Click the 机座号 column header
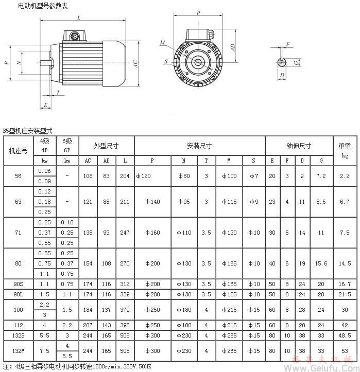point(19,151)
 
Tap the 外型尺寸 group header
point(106,146)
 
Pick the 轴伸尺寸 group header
point(299,146)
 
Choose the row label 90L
point(19,294)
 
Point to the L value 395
point(125,325)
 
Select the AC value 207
point(88,325)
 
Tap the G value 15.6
point(321,263)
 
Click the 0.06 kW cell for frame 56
point(44,171)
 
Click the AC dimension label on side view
point(135,64)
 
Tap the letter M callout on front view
point(162,43)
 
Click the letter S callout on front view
point(166,62)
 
